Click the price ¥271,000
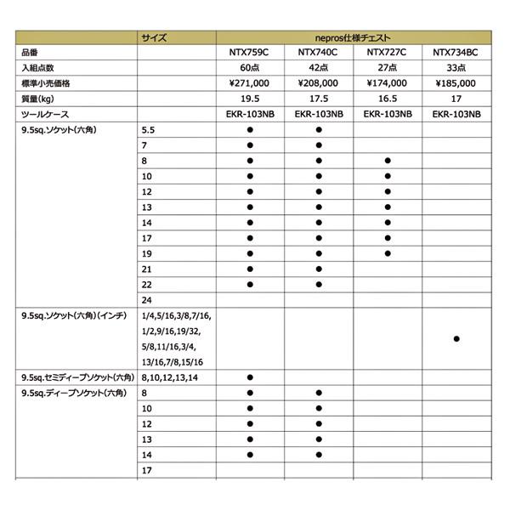[251, 83]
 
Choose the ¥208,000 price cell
[319, 83]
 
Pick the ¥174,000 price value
[388, 83]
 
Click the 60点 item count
[251, 69]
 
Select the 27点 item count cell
[388, 69]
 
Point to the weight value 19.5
[251, 99]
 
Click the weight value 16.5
[388, 99]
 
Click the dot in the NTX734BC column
[456, 339]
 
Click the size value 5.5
[149, 129]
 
